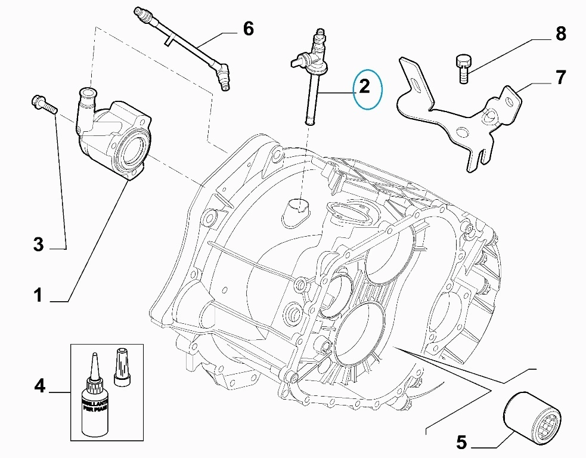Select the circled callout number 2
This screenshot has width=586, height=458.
364,87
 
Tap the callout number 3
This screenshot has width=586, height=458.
38,244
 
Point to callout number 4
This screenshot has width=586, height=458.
39,386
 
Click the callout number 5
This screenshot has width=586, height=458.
461,442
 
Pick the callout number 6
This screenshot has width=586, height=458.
248,27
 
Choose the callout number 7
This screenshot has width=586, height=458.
560,77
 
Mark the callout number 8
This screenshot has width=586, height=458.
560,33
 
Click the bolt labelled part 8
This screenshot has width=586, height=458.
461,67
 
